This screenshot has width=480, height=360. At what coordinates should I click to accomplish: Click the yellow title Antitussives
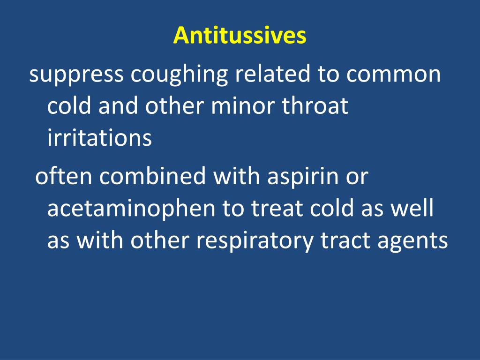click(240, 36)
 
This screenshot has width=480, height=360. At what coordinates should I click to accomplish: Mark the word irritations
click(99, 138)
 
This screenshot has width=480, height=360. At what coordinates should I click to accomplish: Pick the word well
click(414, 208)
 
